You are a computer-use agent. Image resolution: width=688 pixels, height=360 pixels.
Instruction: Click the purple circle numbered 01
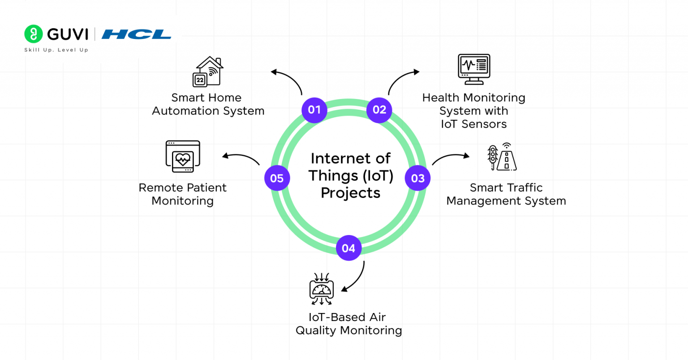pyautogui.click(x=314, y=110)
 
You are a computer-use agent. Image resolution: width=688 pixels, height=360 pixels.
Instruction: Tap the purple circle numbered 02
pyautogui.click(x=379, y=110)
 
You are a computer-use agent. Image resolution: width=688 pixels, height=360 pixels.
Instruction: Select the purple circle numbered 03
pyautogui.click(x=417, y=178)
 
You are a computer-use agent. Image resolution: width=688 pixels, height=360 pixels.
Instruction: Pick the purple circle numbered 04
pyautogui.click(x=348, y=248)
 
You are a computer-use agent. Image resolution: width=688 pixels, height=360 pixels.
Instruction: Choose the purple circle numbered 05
pyautogui.click(x=277, y=178)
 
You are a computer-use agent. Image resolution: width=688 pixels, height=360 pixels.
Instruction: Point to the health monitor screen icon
pyautogui.click(x=474, y=69)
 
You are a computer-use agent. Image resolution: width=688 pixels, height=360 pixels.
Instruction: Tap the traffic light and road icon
pyautogui.click(x=502, y=157)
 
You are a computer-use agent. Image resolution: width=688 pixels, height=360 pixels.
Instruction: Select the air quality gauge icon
pyautogui.click(x=322, y=289)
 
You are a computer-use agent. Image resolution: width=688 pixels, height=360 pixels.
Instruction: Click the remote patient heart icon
pyautogui.click(x=183, y=157)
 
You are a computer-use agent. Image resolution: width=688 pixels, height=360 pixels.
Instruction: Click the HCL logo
pyautogui.click(x=136, y=34)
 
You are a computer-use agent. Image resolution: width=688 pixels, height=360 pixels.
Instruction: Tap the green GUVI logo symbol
pyautogui.click(x=33, y=34)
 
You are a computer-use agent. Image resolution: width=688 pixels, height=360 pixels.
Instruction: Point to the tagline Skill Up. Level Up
pyautogui.click(x=56, y=50)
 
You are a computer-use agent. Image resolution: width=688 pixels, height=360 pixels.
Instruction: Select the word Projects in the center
pyautogui.click(x=351, y=193)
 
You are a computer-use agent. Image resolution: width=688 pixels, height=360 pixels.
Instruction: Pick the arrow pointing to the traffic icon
pyautogui.click(x=450, y=158)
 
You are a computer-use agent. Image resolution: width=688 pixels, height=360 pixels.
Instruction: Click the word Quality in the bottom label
pyautogui.click(x=316, y=331)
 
